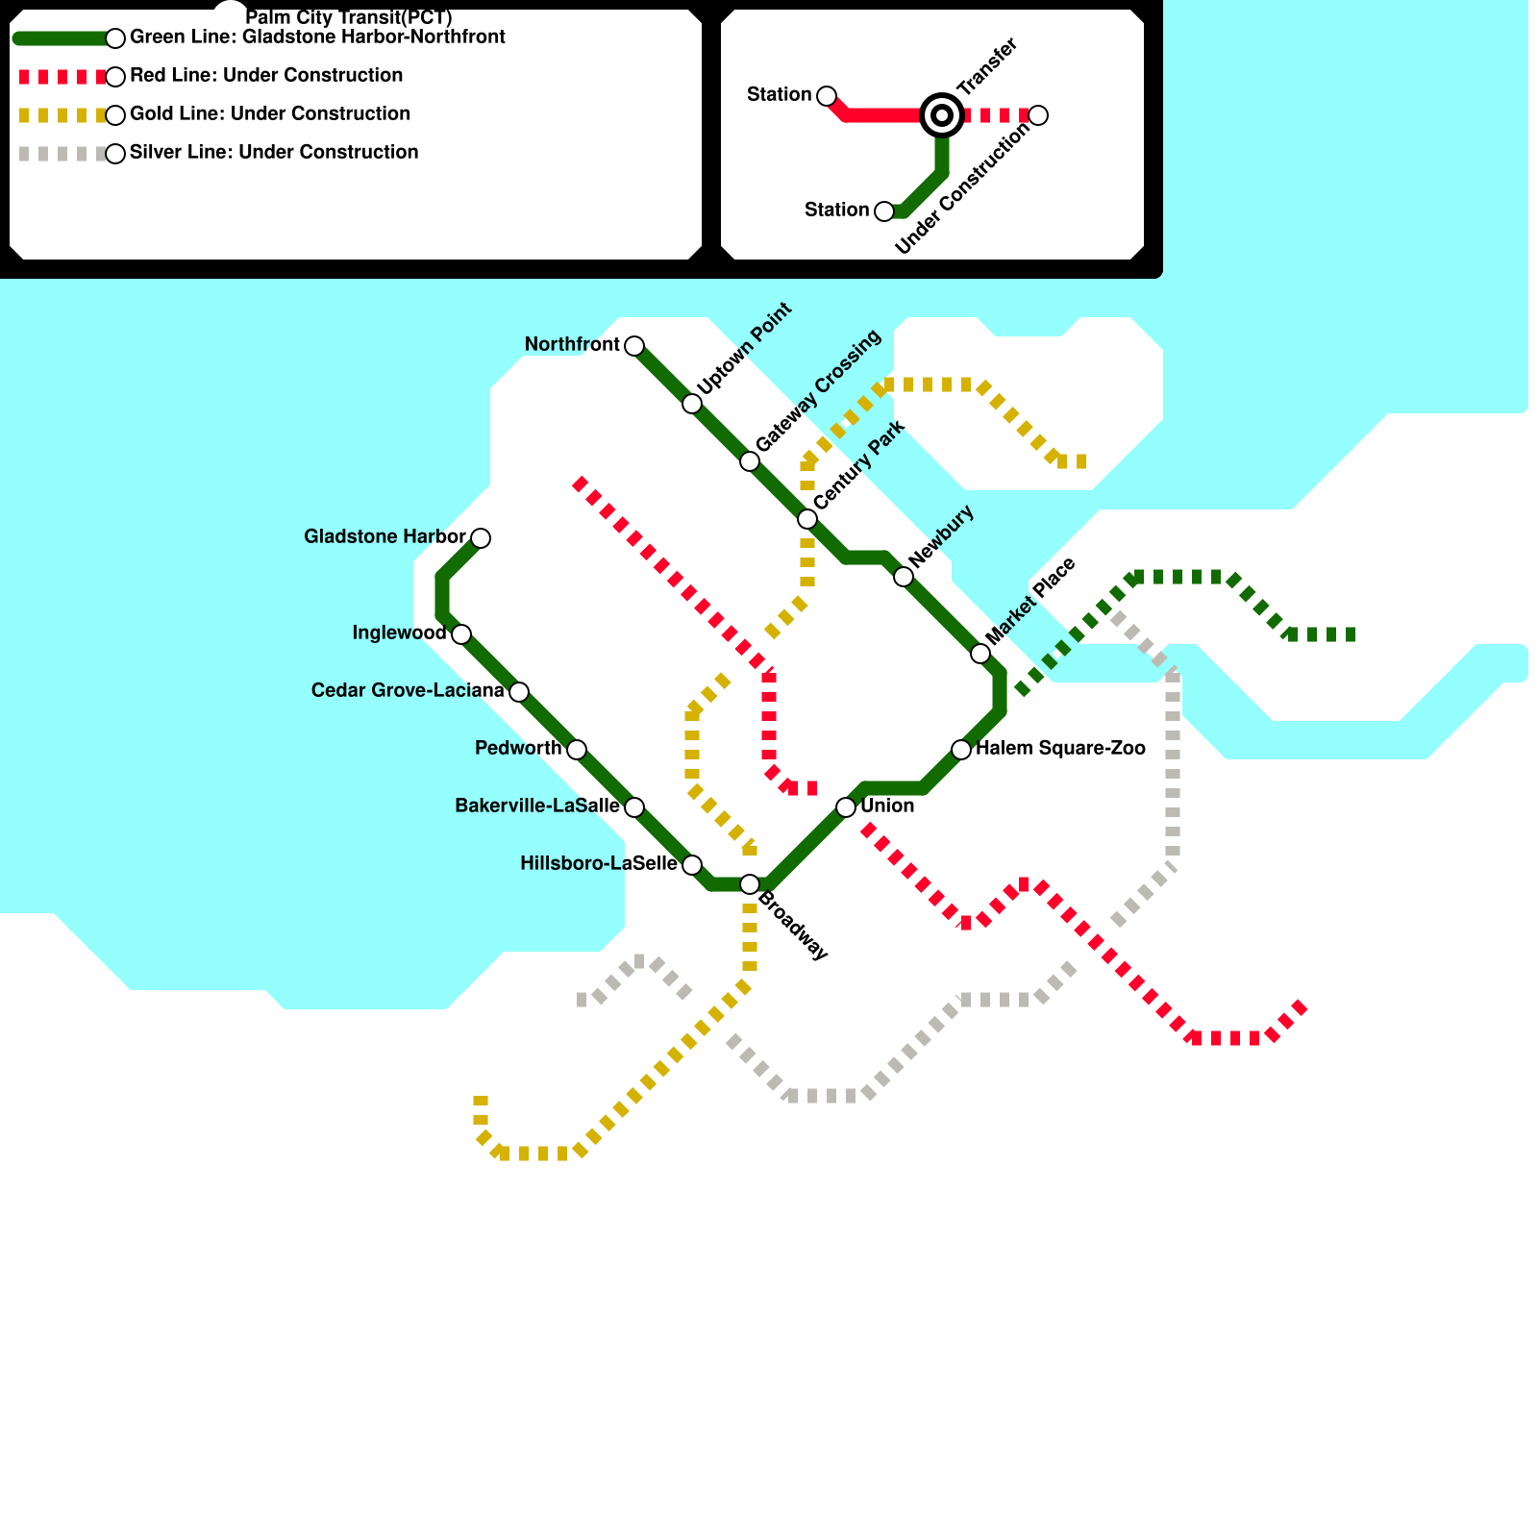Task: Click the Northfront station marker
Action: [x=634, y=346]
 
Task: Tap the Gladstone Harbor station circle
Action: [x=481, y=538]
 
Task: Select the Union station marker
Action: [x=846, y=807]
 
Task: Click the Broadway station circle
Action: [x=750, y=884]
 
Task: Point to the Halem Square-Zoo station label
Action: [x=1060, y=749]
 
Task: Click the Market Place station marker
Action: [x=980, y=654]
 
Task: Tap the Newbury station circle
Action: [x=904, y=577]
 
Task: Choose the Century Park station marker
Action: [x=807, y=519]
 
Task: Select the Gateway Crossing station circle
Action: [x=750, y=461]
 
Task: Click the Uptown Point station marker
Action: [x=692, y=404]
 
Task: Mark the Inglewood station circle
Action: [x=461, y=634]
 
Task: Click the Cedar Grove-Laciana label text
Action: [x=408, y=691]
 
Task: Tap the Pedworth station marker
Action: [x=577, y=750]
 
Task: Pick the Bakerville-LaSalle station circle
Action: [x=634, y=807]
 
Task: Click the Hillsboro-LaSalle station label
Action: [x=598, y=864]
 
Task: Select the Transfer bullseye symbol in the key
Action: [x=942, y=115]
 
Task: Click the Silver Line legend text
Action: [x=274, y=153]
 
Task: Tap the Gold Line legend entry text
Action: [x=270, y=114]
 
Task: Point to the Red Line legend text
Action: [x=266, y=76]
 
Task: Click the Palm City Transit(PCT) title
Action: [x=349, y=18]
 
